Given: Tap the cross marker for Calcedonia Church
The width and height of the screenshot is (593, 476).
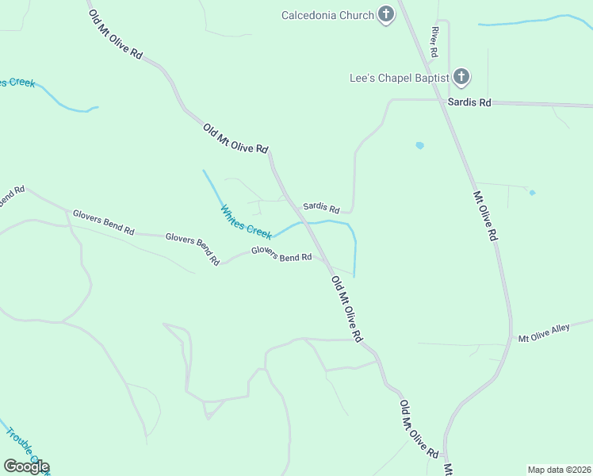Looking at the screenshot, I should tap(386, 14).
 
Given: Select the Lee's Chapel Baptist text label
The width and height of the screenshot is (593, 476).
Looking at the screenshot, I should tap(400, 78).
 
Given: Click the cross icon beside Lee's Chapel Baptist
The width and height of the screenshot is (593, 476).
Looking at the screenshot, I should tap(461, 78).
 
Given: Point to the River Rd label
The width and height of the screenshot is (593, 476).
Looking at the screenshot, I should tap(434, 41).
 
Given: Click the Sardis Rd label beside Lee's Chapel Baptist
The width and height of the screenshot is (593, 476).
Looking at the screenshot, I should tap(469, 102).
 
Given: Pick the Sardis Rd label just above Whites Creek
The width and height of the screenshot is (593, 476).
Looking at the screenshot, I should tap(320, 207).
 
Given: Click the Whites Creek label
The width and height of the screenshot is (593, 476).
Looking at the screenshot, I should tap(246, 221).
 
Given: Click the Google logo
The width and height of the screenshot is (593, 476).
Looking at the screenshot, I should tap(26, 466).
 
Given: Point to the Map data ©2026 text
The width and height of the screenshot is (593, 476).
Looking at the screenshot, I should tap(559, 470).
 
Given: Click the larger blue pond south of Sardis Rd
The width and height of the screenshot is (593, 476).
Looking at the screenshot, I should tap(419, 146).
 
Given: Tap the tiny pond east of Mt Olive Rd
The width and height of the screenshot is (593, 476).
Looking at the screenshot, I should tap(532, 192).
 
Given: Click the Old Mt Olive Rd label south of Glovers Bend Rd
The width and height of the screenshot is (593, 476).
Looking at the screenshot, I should tap(346, 309).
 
